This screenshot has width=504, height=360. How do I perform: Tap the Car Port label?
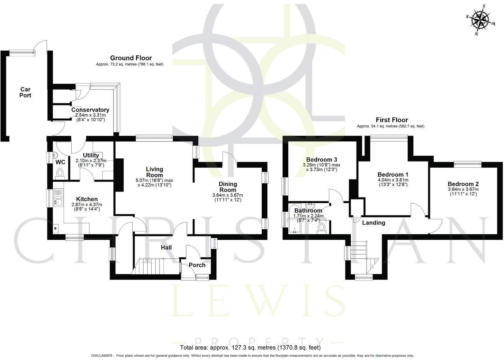[x=25, y=92]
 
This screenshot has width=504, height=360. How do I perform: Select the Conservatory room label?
[x=90, y=110]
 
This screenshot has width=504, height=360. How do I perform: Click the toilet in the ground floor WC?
[x=60, y=173]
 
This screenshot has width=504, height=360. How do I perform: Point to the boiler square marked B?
[x=55, y=229]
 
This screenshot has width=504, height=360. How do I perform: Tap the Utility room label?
[x=91, y=156]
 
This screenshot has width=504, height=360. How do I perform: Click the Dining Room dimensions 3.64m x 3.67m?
[x=228, y=195]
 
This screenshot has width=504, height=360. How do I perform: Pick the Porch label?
[x=197, y=265]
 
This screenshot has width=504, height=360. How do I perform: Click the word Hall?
[x=166, y=248]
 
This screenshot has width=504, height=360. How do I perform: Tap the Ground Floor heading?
[x=131, y=58]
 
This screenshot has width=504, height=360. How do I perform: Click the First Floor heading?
[x=392, y=120]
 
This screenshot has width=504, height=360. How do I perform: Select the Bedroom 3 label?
[x=322, y=160]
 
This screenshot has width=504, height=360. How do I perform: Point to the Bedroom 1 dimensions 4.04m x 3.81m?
[x=393, y=180]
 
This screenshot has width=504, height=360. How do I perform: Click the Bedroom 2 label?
[x=463, y=184]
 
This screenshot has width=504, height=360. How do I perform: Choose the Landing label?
[x=373, y=223]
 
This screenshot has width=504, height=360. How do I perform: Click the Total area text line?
[x=250, y=348]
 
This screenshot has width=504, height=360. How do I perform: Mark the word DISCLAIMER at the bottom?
[x=102, y=356]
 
